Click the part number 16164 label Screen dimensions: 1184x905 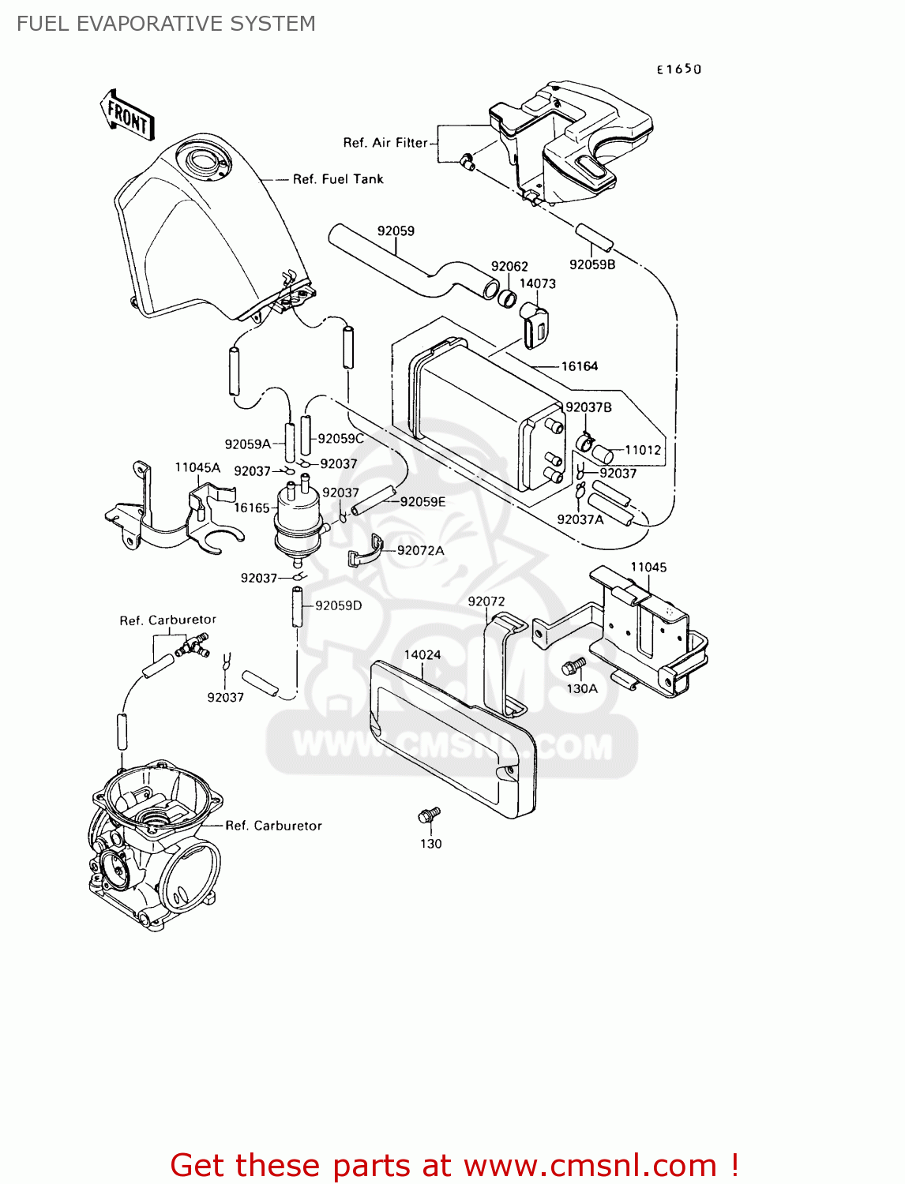pos(579,366)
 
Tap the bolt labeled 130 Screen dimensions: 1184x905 pos(429,815)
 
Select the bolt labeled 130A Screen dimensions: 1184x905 pos(573,667)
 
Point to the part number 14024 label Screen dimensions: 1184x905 pos(422,655)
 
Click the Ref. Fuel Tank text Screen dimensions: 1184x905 pos(338,179)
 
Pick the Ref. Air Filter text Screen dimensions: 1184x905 pos(385,143)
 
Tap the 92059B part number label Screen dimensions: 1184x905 pos(591,265)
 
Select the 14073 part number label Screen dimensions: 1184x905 pos(537,284)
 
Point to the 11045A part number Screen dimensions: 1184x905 pos(197,468)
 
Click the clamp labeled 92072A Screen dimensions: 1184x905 pos(366,550)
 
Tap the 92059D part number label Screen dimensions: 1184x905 pos(338,606)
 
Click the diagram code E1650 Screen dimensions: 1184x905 pos(678,69)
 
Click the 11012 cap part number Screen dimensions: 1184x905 pos(643,450)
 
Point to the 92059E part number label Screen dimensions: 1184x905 pos(422,502)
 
